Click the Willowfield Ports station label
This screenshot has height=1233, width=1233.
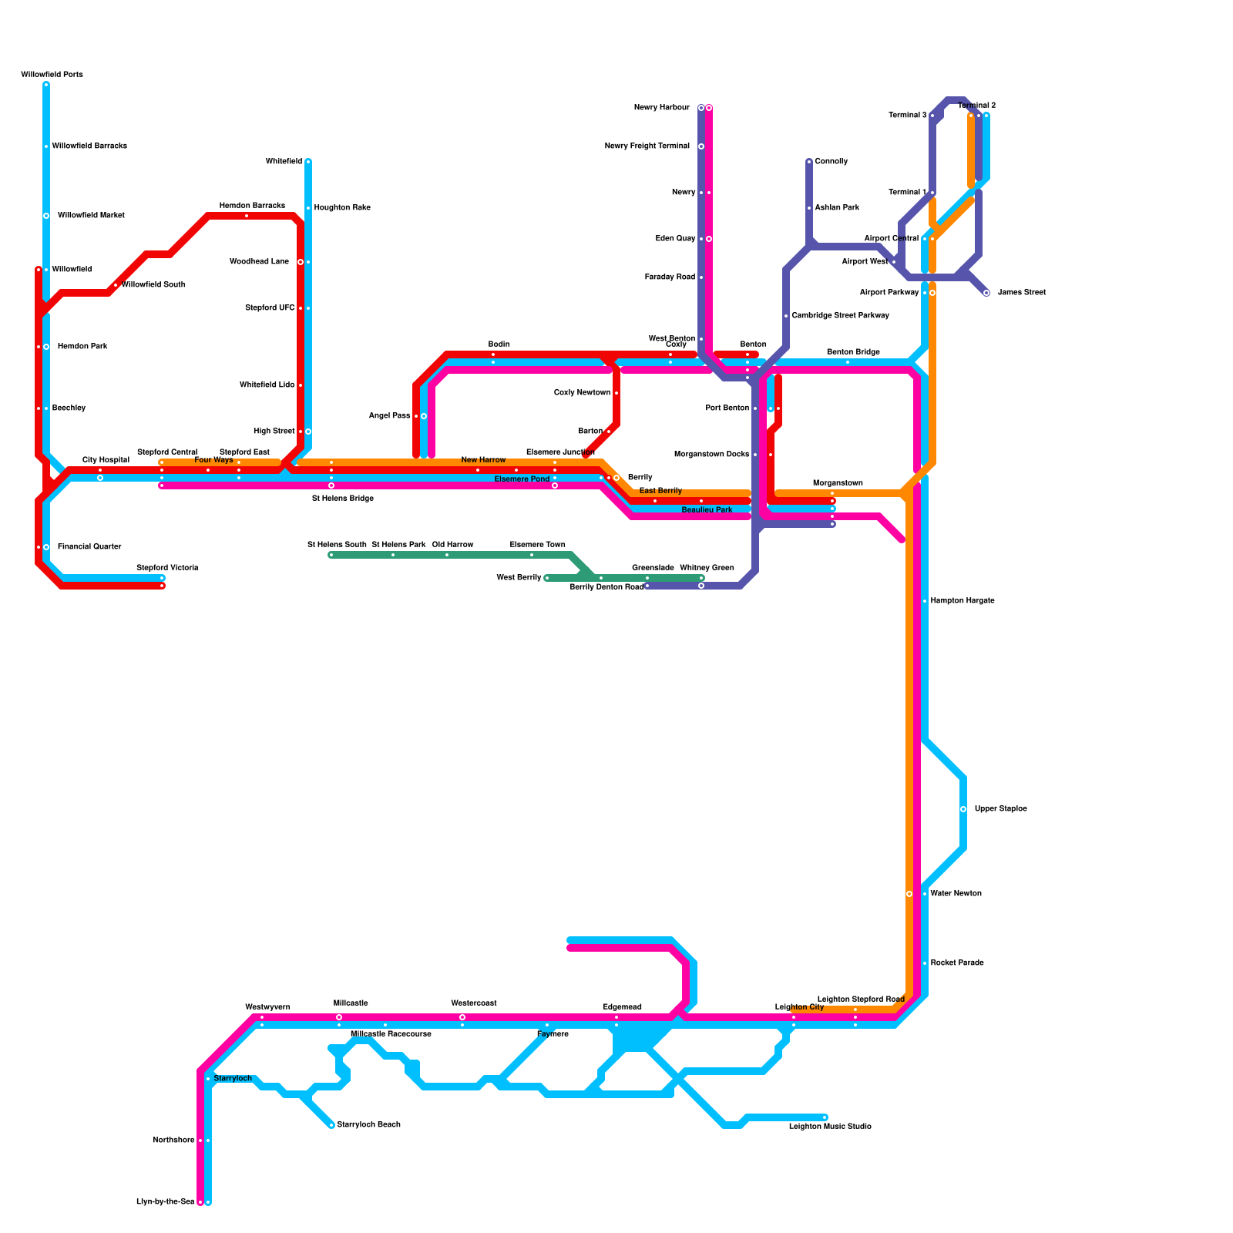[52, 75]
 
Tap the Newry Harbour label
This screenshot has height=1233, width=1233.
[661, 108]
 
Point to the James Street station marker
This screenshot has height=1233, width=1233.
[986, 293]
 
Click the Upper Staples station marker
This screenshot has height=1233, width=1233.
[963, 809]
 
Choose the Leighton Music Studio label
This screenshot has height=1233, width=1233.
[830, 1127]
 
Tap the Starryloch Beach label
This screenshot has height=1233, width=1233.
[368, 1125]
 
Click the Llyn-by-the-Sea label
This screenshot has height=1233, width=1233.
[165, 1202]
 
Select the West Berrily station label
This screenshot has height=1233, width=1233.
[519, 578]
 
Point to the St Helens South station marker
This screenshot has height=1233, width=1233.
[331, 555]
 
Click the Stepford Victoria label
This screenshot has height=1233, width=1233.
[167, 568]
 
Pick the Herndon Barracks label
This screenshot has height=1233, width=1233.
[252, 206]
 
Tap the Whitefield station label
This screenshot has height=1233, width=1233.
[284, 162]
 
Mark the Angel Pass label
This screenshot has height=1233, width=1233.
[389, 416]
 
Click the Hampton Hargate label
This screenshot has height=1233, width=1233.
[962, 601]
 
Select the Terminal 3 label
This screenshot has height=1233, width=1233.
[907, 116]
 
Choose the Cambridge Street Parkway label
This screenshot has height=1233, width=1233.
[840, 316]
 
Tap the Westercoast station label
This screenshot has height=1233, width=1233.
[473, 1003]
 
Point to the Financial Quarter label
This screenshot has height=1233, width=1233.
[89, 547]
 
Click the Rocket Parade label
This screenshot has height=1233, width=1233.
[956, 963]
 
